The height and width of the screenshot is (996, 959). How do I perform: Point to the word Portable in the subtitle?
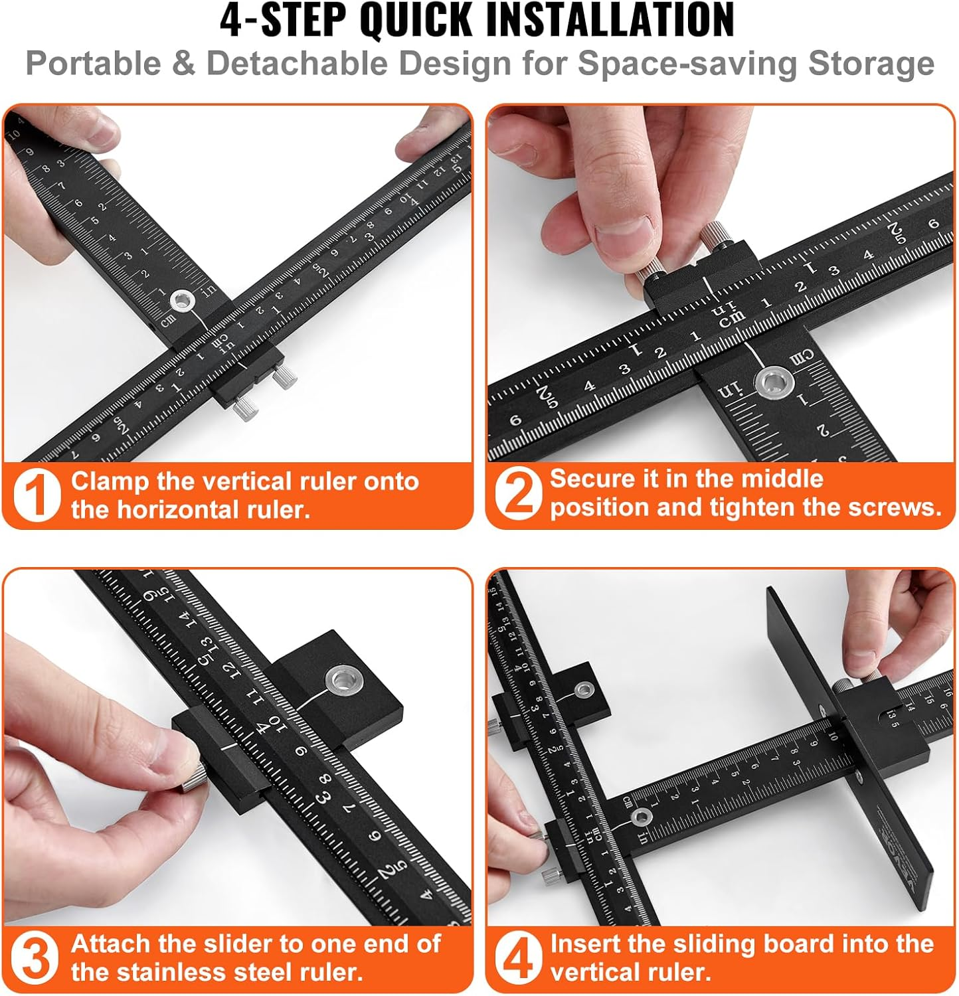click(x=93, y=64)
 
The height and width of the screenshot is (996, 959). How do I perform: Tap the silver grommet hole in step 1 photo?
click(x=181, y=301)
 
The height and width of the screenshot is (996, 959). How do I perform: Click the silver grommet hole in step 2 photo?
click(x=774, y=383)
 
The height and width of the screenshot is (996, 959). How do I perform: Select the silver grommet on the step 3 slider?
click(x=343, y=679)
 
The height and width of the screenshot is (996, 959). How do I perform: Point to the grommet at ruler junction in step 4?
click(x=641, y=817)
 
